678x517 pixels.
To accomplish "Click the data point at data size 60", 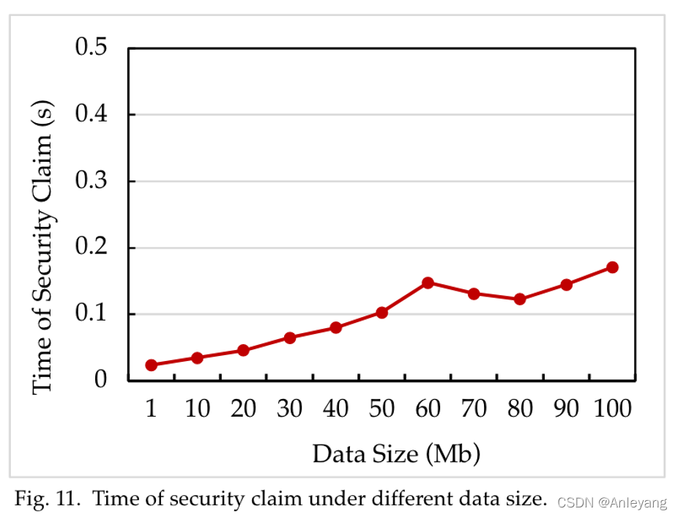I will click(428, 283).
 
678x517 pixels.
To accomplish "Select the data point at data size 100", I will click(612, 267).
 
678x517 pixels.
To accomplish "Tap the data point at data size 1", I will click(152, 365).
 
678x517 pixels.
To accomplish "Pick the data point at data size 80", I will click(520, 299).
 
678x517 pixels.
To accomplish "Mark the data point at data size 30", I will click(289, 338).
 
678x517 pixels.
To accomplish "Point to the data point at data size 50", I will click(381, 313).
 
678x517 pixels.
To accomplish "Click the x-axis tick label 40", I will click(335, 409).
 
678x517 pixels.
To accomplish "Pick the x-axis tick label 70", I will click(474, 409).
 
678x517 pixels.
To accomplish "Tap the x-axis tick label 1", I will click(152, 409).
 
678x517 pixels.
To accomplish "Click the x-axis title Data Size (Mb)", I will click(396, 454).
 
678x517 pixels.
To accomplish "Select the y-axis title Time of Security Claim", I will click(43, 250).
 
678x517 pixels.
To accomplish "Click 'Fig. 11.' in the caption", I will click(45, 499).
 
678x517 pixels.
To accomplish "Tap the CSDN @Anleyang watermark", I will click(612, 502).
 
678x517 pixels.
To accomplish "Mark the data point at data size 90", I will click(566, 284).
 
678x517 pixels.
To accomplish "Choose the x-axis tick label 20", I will click(243, 409).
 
